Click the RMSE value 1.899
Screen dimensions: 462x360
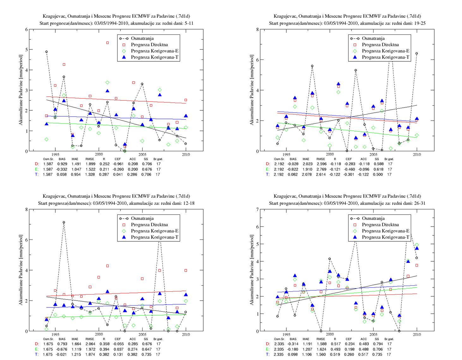[x=90, y=164]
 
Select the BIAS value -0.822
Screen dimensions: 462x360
[x=293, y=169]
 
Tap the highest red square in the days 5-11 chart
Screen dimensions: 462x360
[x=107, y=43]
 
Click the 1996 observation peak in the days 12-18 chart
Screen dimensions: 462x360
[x=64, y=222]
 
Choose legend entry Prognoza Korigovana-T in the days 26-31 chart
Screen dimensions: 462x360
[x=380, y=237]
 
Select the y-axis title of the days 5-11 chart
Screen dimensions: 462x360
[x=21, y=90]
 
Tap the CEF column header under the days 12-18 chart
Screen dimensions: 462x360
[x=118, y=339]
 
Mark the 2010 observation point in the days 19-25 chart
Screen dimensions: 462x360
[x=416, y=53]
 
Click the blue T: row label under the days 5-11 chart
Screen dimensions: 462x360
[x=37, y=174]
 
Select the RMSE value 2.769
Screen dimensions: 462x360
[x=321, y=169]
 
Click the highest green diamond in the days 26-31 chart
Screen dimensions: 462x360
[x=417, y=245]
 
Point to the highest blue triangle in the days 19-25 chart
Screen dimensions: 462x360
[x=338, y=84]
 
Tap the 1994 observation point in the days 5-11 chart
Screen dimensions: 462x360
[x=46, y=52]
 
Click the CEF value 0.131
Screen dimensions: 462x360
[x=118, y=354]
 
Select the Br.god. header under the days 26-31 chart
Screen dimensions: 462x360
[x=389, y=339]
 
